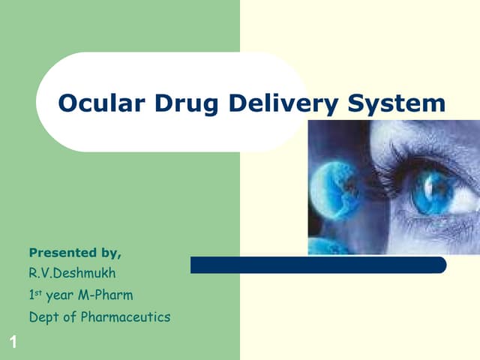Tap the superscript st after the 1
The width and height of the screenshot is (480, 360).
(38, 293)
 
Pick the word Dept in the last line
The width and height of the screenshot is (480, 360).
(43, 317)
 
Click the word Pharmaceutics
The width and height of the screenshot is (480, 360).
(121, 317)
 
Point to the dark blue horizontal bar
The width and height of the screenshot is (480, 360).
(318, 265)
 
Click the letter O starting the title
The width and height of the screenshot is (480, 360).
(69, 103)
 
